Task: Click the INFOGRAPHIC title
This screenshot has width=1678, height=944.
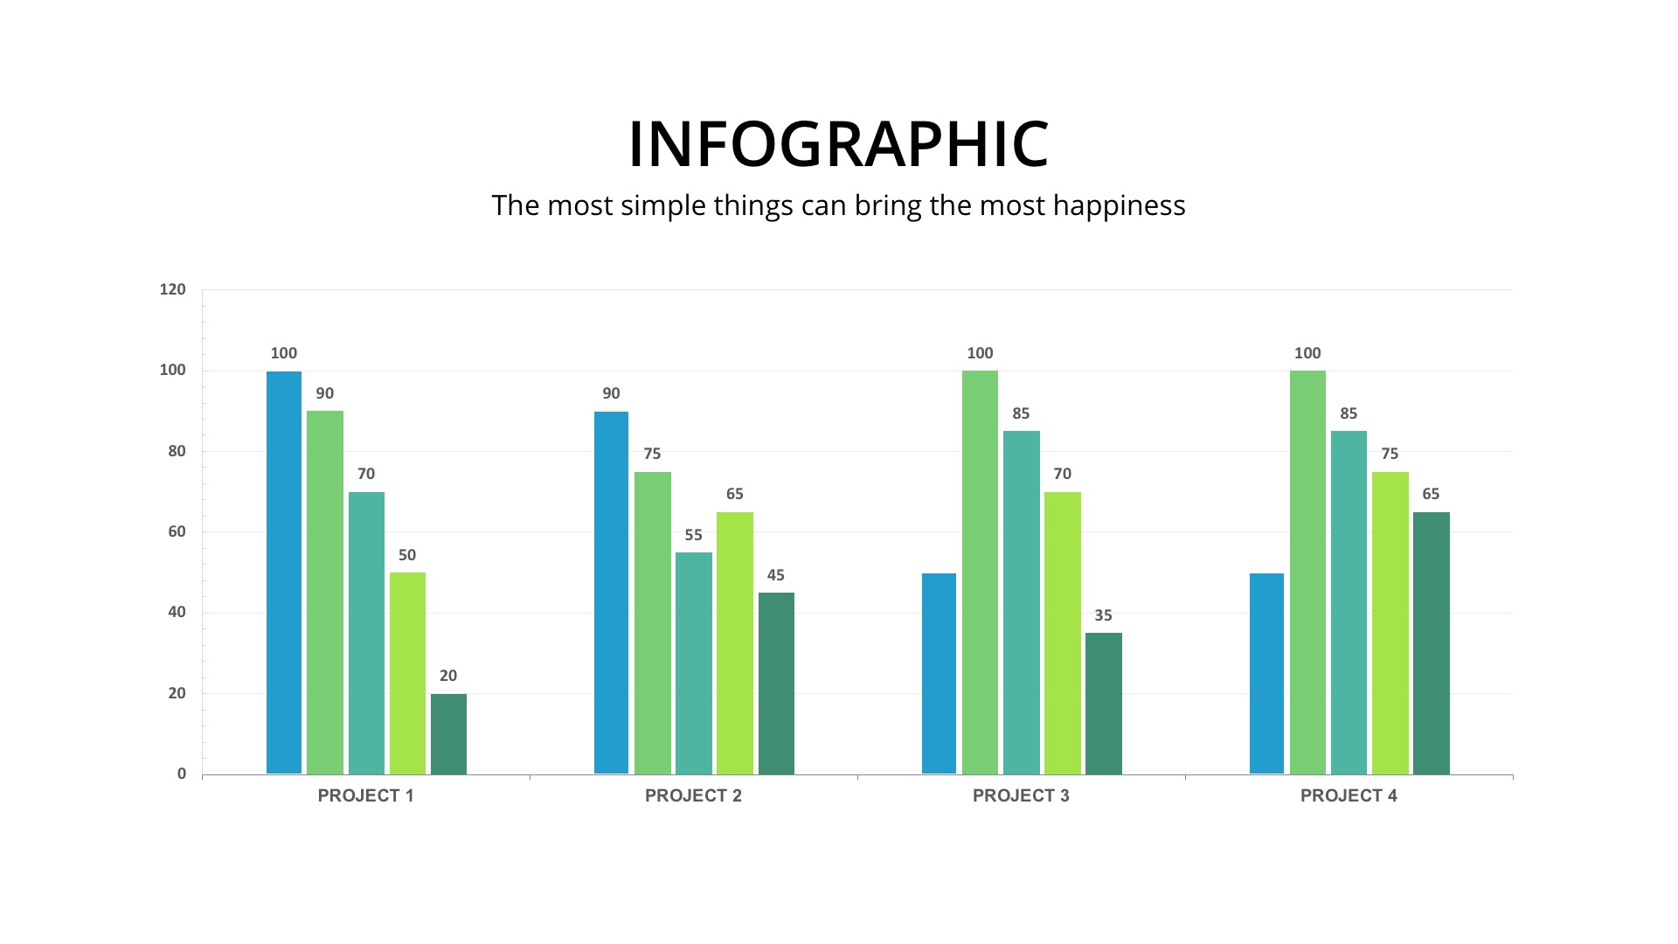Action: click(x=838, y=144)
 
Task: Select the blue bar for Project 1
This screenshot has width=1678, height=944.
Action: click(x=283, y=573)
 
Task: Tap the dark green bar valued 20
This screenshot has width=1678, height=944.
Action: click(x=448, y=734)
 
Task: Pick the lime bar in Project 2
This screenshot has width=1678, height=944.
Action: click(x=734, y=642)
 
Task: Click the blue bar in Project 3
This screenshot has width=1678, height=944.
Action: click(x=939, y=673)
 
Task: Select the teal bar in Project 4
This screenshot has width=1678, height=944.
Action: click(x=1349, y=602)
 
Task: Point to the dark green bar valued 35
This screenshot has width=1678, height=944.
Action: click(x=1103, y=704)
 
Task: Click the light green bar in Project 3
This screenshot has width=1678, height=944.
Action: click(x=980, y=573)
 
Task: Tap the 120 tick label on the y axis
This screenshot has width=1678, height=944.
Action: click(x=173, y=289)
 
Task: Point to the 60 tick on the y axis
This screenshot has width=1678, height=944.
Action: click(x=177, y=531)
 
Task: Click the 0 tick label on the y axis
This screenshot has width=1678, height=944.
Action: click(x=182, y=774)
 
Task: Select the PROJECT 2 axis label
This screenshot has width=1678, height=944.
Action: click(x=693, y=795)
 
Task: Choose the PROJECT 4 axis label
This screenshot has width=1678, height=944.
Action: click(x=1349, y=795)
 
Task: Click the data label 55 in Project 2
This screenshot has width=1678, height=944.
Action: click(x=693, y=535)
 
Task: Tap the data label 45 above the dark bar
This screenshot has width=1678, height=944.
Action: click(x=775, y=575)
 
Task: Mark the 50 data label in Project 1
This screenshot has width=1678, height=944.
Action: click(x=407, y=555)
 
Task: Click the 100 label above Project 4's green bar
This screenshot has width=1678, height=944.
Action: click(x=1307, y=353)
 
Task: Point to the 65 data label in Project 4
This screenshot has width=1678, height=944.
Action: click(x=1431, y=494)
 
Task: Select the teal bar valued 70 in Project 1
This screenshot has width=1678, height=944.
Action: click(x=366, y=633)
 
